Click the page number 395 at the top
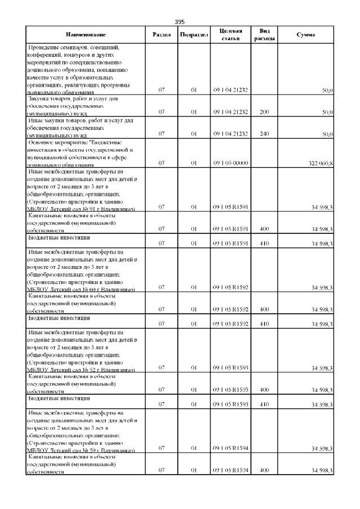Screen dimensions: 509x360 [179, 21]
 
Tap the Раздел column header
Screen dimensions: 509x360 [162, 35]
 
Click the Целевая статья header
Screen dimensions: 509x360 [231, 34]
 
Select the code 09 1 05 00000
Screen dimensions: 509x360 [231, 163]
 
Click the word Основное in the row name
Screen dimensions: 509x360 [40, 143]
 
